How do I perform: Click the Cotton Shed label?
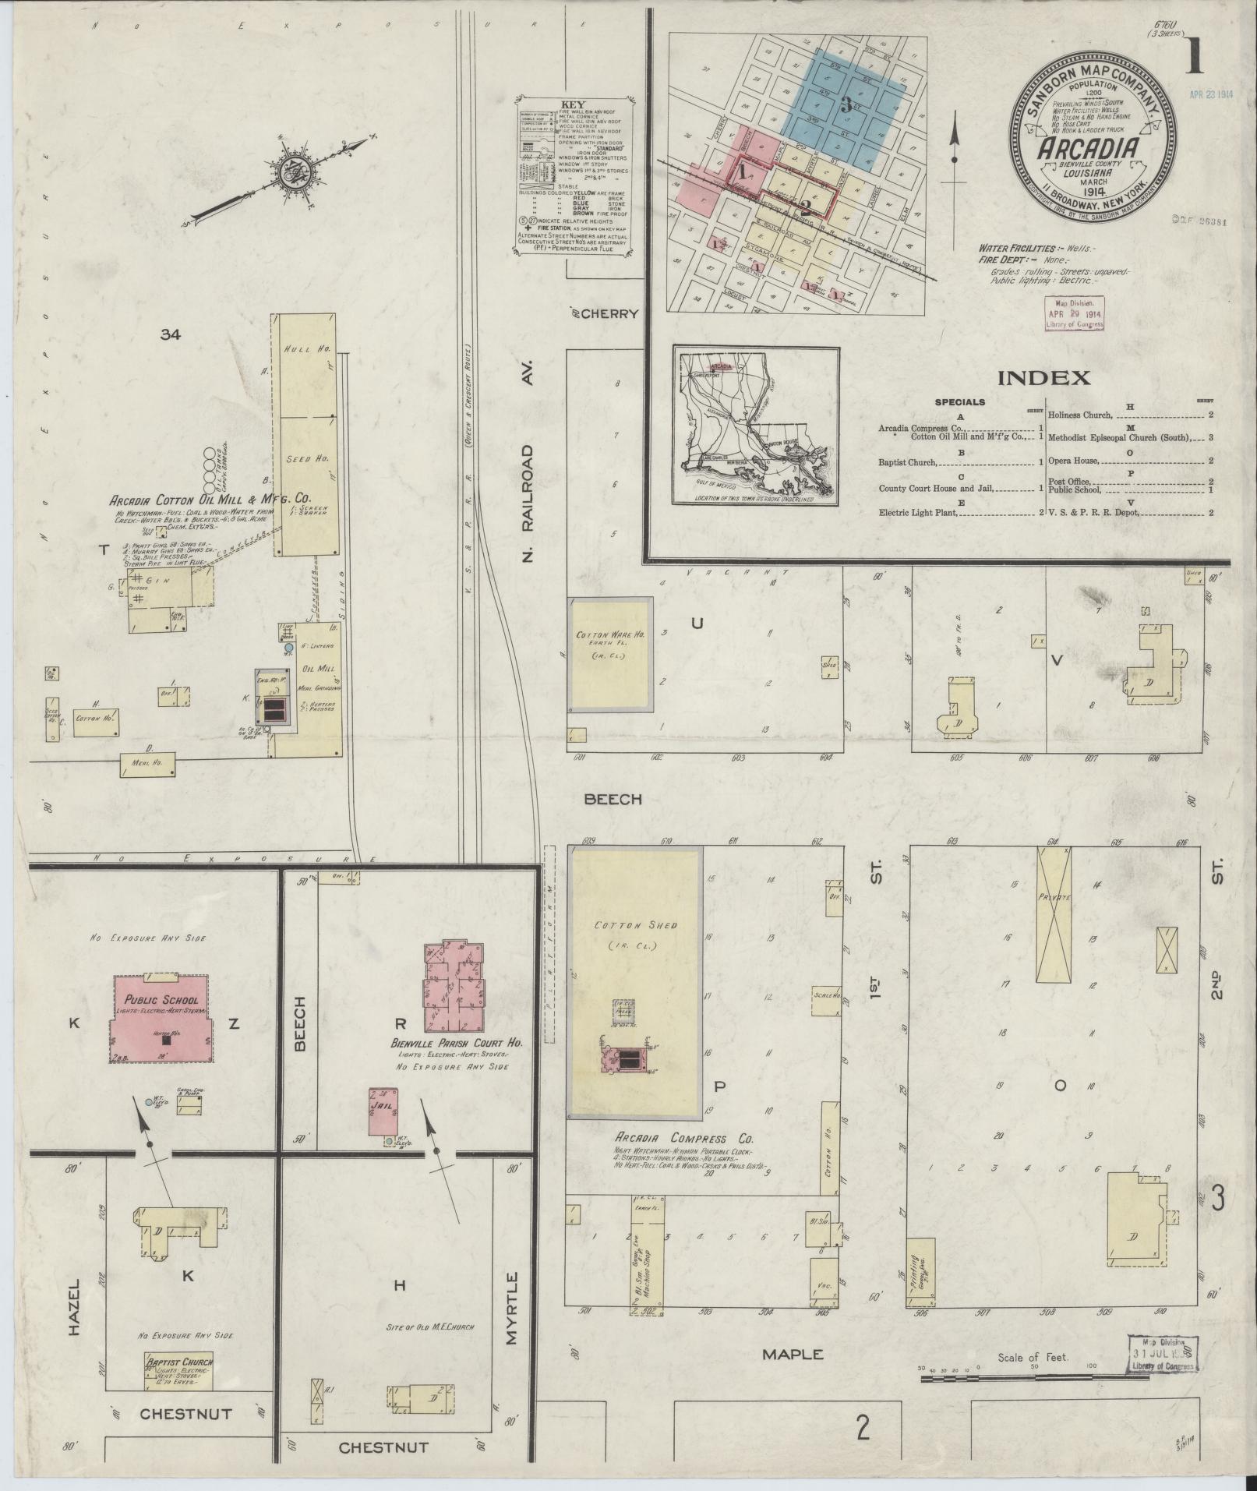click(x=635, y=925)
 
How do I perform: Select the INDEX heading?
click(x=1043, y=379)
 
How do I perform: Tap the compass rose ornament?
click(x=297, y=169)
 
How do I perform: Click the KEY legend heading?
click(x=573, y=104)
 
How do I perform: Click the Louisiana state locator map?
click(x=756, y=426)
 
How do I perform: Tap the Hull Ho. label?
click(x=309, y=349)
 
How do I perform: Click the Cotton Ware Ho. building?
click(x=610, y=655)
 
